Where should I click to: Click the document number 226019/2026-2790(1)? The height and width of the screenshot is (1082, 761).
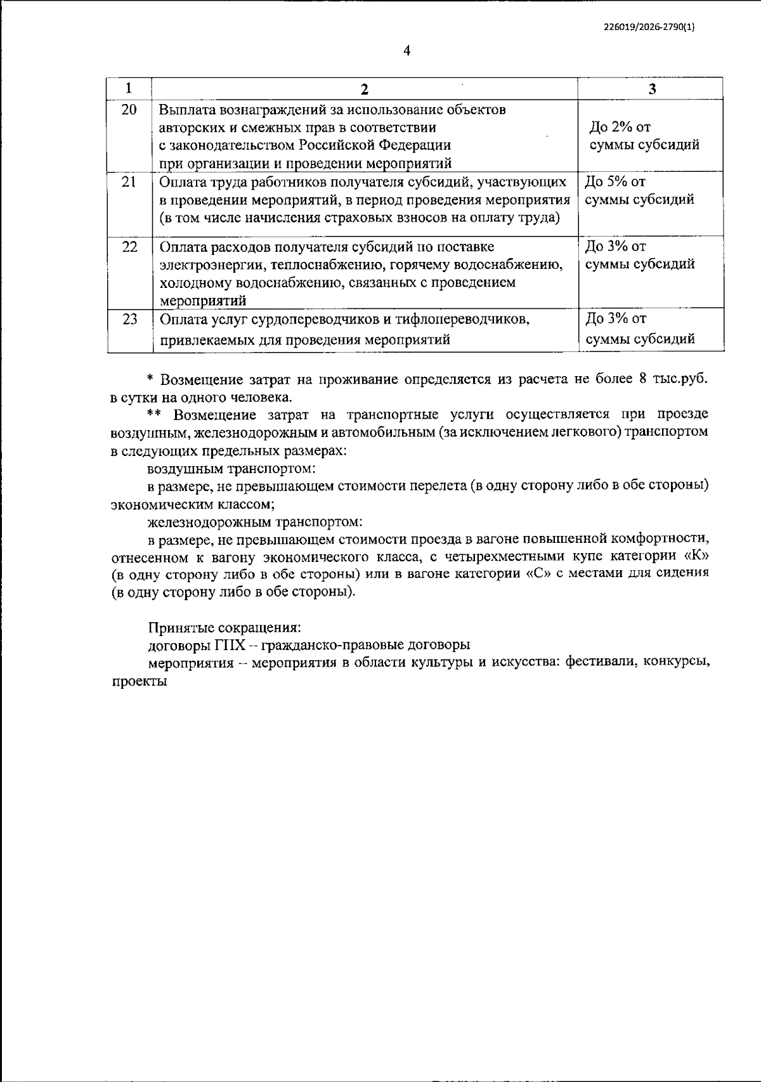coord(649,27)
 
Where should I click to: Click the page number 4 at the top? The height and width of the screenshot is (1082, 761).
coord(407,51)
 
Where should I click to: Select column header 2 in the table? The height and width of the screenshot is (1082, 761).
coord(364,89)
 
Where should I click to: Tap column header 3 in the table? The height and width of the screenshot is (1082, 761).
coord(652,89)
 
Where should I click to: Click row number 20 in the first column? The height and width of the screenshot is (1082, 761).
coord(129,110)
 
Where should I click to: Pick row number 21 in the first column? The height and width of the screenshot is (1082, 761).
coord(129,182)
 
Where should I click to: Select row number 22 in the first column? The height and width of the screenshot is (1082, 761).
coord(129,247)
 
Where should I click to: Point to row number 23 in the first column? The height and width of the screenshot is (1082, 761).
coord(129,319)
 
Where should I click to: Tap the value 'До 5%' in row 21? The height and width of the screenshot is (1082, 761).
coord(606,182)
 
